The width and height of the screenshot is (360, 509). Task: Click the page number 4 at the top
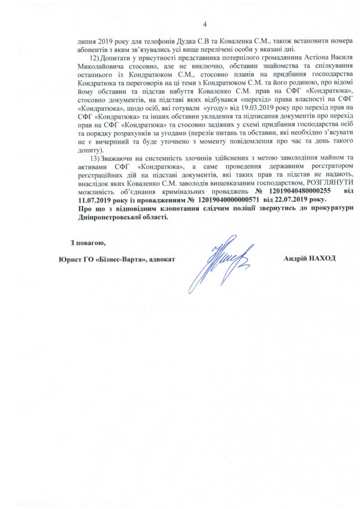pos(204,25)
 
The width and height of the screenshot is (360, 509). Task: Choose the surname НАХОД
pos(321,258)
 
